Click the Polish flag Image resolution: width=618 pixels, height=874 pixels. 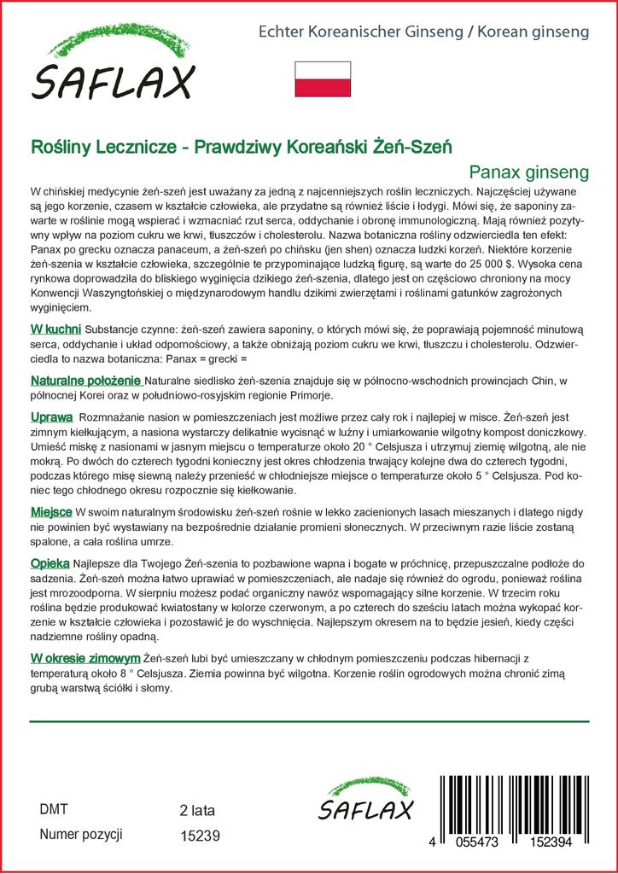click(323, 79)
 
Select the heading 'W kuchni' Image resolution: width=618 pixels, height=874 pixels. click(55, 329)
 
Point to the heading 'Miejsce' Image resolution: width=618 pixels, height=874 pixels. click(51, 510)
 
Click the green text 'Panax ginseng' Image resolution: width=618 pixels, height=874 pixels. click(529, 172)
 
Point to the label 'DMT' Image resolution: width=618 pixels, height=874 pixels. click(54, 809)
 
